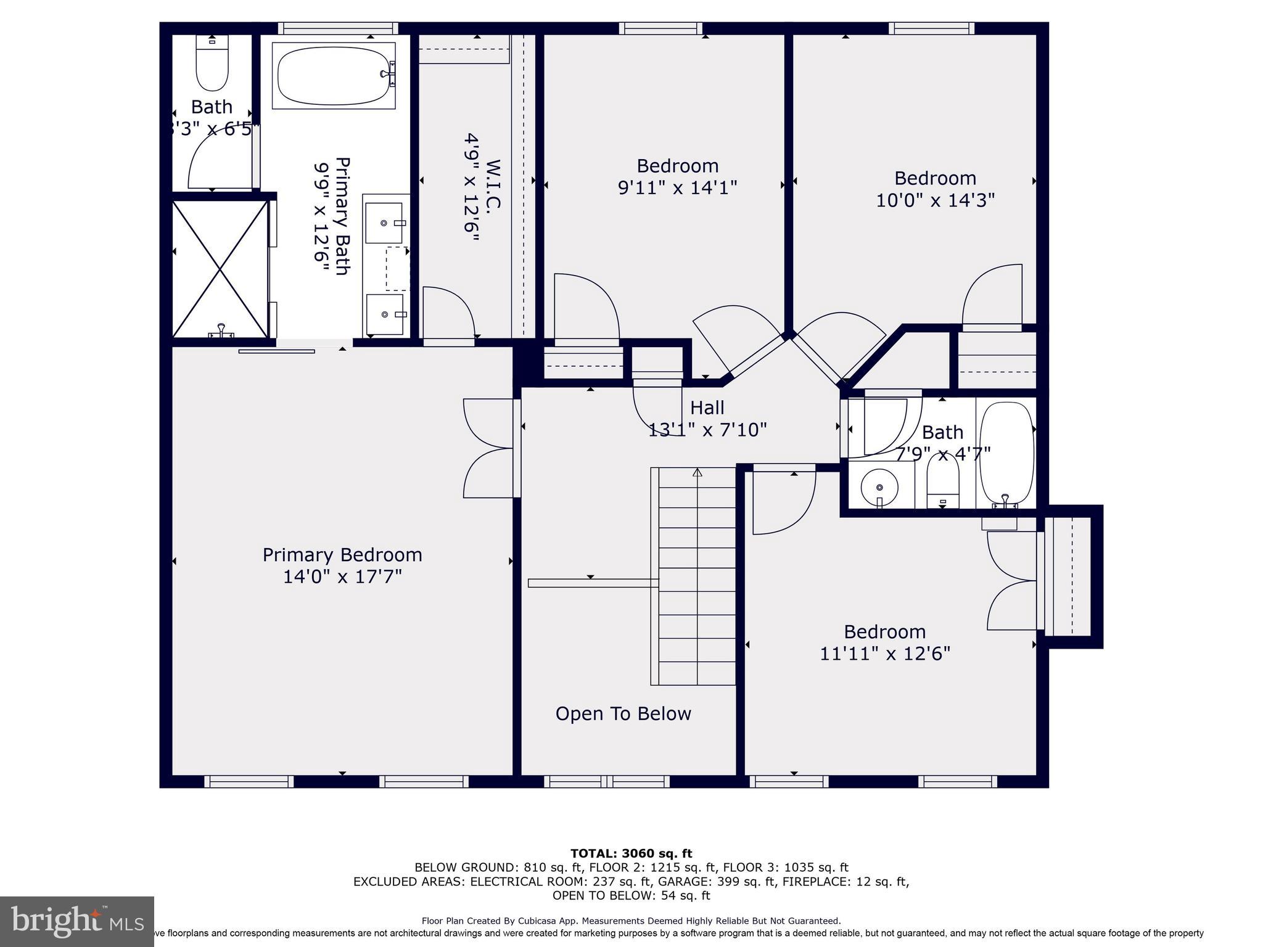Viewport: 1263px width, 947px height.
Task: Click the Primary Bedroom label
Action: [x=342, y=555]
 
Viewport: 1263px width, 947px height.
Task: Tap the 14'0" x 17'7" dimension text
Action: [x=342, y=577]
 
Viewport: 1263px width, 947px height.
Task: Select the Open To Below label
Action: [x=623, y=714]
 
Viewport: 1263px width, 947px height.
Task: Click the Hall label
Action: [x=707, y=408]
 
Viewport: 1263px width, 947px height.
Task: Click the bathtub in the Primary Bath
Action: [x=333, y=75]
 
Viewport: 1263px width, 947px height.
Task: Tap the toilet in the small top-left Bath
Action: [x=212, y=64]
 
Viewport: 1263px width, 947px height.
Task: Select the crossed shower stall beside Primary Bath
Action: [x=220, y=269]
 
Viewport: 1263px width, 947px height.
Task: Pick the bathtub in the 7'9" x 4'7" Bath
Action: [x=1006, y=453]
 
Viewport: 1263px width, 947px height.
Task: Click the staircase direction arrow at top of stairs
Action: [x=697, y=473]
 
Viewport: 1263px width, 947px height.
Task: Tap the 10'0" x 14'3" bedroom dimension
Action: [x=935, y=200]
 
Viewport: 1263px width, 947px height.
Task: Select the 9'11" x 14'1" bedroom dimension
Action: [x=677, y=187]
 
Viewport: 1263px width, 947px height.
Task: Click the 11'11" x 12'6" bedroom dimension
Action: [x=884, y=654]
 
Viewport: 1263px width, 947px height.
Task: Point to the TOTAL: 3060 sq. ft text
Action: [x=631, y=854]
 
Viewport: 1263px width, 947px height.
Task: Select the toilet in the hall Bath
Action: [x=943, y=486]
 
